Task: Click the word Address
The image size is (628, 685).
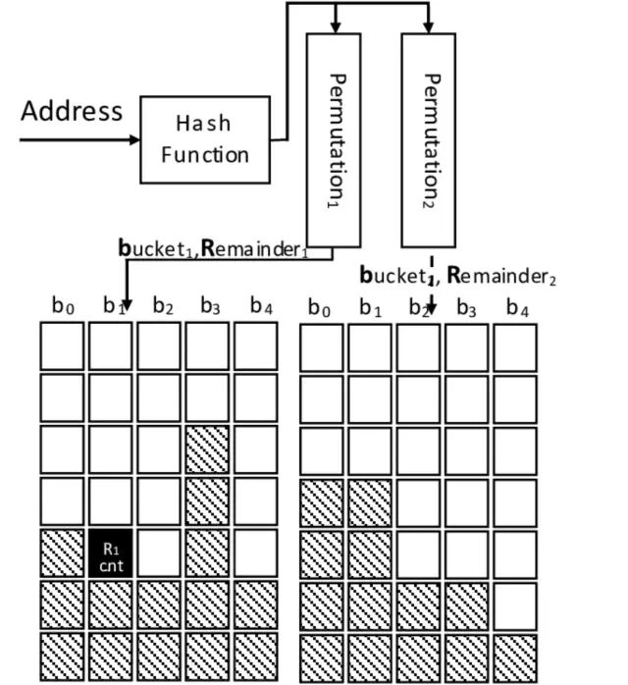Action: click(x=72, y=111)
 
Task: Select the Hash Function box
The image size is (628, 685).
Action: click(x=204, y=139)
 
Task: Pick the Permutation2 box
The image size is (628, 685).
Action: click(x=428, y=138)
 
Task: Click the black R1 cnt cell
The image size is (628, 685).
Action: click(x=111, y=553)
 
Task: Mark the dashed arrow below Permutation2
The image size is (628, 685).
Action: click(x=429, y=285)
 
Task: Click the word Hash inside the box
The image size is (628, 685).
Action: click(x=204, y=124)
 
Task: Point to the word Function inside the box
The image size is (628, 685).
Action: click(x=204, y=155)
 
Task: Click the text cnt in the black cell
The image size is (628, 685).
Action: click(x=111, y=563)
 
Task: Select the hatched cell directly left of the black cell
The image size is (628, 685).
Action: click(x=62, y=553)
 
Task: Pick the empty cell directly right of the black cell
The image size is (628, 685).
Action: click(x=159, y=553)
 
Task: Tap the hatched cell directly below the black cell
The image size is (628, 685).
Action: click(x=111, y=605)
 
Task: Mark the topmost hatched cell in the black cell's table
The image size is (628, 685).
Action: click(x=207, y=449)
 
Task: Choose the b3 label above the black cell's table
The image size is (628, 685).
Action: click(x=209, y=306)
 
